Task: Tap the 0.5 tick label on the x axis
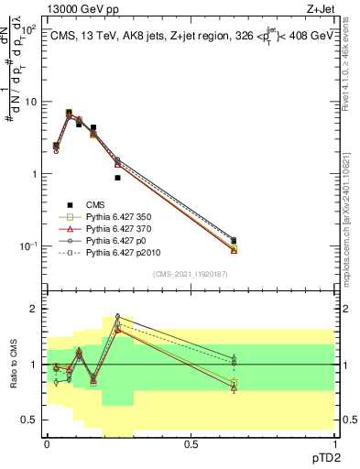point(191,442)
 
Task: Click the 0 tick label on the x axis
point(47,442)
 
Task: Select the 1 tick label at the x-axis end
point(333,442)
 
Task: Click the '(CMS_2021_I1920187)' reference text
point(191,274)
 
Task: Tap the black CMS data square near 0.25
point(117,178)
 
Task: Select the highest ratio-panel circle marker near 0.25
point(117,317)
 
